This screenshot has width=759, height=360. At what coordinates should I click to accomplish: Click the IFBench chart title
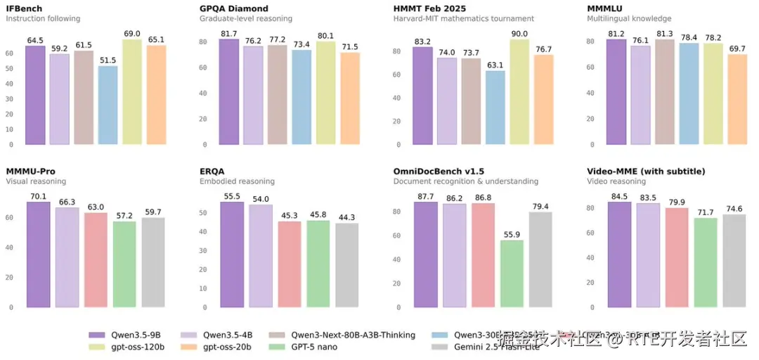(x=24, y=8)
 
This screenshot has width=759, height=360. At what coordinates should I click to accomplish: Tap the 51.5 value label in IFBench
(x=108, y=61)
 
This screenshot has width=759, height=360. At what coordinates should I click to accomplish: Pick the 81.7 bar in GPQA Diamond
(x=229, y=91)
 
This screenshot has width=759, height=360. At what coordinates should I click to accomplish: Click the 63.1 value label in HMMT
(x=495, y=65)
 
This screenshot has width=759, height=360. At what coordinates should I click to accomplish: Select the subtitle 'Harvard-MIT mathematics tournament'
(x=464, y=19)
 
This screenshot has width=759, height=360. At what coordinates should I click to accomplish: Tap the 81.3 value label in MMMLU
(x=665, y=34)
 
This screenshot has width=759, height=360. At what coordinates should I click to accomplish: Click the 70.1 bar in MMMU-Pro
(x=38, y=255)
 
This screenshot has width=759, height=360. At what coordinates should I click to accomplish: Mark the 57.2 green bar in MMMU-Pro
(x=124, y=264)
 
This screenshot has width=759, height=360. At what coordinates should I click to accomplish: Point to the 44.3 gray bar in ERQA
(x=346, y=265)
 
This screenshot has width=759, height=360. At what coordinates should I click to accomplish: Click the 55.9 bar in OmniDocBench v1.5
(x=512, y=274)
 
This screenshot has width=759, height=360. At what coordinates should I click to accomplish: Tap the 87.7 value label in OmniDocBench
(x=425, y=197)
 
